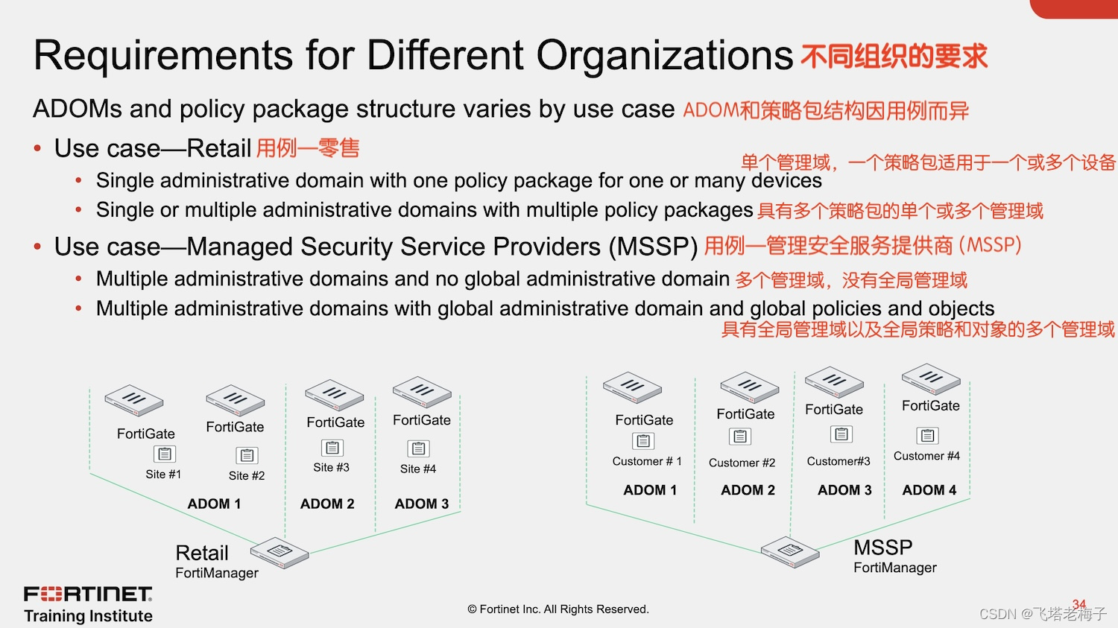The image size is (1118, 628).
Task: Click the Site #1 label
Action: [x=163, y=475]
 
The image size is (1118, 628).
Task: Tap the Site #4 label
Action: [x=417, y=469]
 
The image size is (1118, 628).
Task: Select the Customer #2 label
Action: [x=742, y=463]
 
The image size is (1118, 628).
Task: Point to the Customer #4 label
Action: [x=926, y=456]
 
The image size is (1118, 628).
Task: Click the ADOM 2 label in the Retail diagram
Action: [x=327, y=504]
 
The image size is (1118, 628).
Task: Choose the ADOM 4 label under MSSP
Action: [x=929, y=490]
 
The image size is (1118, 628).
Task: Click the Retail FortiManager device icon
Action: [x=279, y=552]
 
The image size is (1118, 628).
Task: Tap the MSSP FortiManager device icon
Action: [x=790, y=551]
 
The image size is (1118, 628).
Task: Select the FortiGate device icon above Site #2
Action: [x=236, y=400]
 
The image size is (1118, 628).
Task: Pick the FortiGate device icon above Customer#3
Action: [x=834, y=382]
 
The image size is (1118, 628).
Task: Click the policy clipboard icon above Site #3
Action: [x=332, y=448]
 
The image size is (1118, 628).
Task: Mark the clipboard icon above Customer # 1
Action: [x=643, y=441]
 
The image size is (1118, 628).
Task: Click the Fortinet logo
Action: [x=88, y=594]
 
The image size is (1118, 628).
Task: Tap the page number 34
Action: [x=1079, y=604]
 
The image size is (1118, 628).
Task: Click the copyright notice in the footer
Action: [x=558, y=609]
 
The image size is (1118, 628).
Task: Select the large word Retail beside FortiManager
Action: [x=202, y=553]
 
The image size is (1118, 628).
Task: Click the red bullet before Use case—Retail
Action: [x=37, y=148]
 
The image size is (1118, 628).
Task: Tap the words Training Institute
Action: [x=88, y=616]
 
